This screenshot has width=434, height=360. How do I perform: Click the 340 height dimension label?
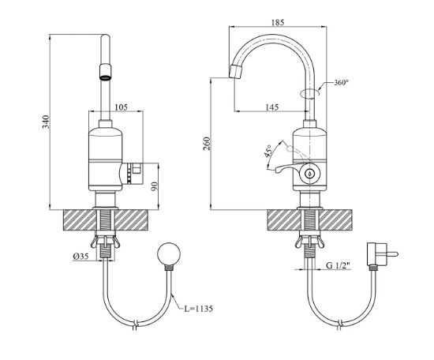point(47,122)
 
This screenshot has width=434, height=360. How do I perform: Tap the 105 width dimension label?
point(121,107)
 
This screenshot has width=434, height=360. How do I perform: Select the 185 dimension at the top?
point(278,22)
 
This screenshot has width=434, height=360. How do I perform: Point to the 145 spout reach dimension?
point(272,107)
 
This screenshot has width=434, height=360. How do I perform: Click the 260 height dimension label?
point(207,144)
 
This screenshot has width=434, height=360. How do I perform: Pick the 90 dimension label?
point(155,186)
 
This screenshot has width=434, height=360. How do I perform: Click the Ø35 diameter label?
point(80,257)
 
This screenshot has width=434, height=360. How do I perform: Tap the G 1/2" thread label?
point(338,265)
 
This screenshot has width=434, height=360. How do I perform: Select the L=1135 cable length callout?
point(199,309)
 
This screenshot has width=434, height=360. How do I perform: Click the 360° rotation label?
point(341,82)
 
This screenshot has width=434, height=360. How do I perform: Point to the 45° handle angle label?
point(268,151)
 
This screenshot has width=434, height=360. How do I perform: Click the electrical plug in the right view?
point(382,253)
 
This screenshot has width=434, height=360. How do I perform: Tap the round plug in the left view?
point(169,254)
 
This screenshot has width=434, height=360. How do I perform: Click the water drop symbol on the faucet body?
point(309,174)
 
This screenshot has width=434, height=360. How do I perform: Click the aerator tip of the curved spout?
point(236,71)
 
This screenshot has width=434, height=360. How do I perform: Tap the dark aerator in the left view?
point(105,72)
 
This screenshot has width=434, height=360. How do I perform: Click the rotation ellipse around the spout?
point(310,93)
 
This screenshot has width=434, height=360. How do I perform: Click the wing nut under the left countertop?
point(105,240)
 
